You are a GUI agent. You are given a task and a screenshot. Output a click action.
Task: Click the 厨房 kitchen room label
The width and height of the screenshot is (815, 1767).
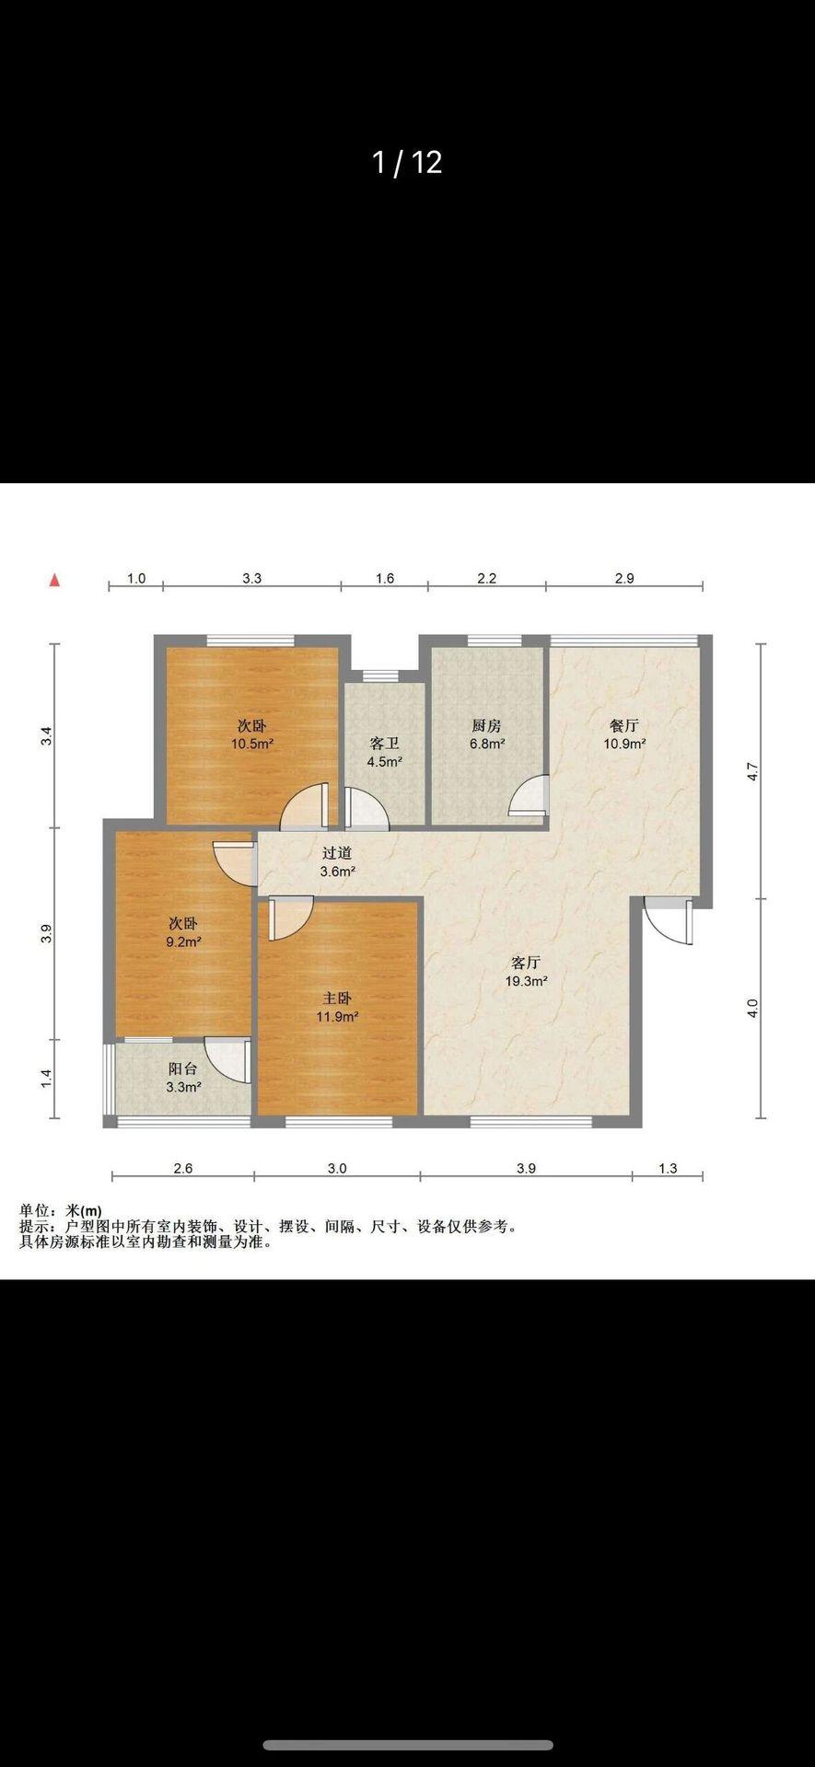coord(486,726)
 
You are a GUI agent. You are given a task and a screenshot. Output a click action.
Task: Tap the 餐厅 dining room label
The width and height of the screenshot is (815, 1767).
coord(624,726)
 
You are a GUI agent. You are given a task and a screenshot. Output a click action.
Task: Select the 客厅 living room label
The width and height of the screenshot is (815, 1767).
coord(526,963)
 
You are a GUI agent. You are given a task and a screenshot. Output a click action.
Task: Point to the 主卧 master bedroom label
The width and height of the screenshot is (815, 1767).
coord(337,999)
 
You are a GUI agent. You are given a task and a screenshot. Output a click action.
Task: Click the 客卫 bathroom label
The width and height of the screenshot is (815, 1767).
coord(384,744)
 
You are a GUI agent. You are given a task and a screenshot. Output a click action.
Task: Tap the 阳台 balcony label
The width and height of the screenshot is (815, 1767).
coord(183,1068)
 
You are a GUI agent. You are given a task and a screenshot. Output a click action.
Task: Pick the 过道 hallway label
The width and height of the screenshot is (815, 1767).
coord(337,853)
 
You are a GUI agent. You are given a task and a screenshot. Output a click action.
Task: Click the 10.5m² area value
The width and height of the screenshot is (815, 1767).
coord(251,744)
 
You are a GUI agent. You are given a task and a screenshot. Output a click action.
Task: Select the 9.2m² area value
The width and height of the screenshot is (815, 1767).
coord(183,941)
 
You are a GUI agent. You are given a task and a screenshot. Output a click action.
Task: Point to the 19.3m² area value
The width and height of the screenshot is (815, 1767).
coord(526,981)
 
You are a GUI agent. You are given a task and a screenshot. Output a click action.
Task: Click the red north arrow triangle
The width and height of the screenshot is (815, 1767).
coord(55,580)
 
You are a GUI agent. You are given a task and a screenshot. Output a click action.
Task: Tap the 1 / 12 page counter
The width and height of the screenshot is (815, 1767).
coord(407,163)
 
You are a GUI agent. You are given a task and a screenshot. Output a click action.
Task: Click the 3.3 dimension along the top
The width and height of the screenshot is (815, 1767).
coord(252,578)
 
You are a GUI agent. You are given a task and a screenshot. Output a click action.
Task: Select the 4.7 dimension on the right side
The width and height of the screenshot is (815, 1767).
coord(752,771)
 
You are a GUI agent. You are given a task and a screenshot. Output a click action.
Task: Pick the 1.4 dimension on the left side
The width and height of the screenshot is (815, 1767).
coord(47,1079)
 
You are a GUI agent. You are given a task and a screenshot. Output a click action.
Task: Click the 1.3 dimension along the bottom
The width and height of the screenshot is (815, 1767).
coord(668,1168)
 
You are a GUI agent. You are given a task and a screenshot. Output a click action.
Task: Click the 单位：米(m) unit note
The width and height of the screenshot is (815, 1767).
coord(61,1211)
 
